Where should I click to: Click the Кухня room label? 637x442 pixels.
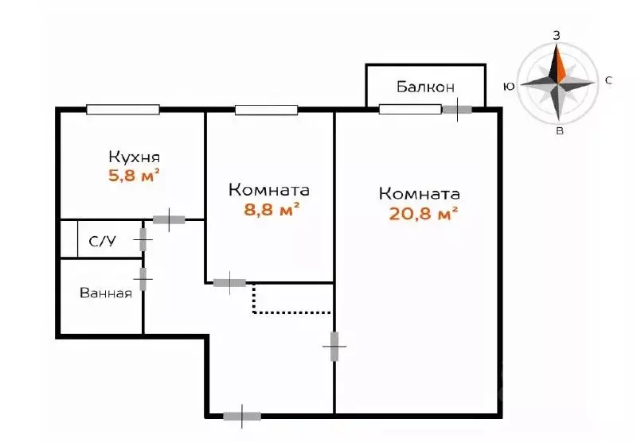coord(135,157)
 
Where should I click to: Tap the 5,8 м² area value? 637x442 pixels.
coord(135,175)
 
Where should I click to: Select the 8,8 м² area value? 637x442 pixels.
coord(272,210)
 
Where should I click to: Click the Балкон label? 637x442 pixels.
coord(424,87)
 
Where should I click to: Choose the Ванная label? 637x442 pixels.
coord(105,293)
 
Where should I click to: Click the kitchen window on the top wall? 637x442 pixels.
coord(123,110)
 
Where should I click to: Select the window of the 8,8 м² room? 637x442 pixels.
coord(266,110)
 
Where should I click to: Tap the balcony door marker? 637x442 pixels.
coord(456,110)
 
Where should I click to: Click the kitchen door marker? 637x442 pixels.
coord(169,219)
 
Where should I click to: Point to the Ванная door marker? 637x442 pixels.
coord(143,279)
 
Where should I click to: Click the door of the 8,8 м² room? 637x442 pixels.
coord(229,281)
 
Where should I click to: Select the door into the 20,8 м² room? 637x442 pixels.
coord(334,347)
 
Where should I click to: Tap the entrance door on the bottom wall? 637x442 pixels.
coord(242,415)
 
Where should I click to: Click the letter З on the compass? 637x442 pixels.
coord(557,36)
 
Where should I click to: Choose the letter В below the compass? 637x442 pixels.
coord(560,131)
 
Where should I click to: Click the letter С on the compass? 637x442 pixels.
coord(608,80)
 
